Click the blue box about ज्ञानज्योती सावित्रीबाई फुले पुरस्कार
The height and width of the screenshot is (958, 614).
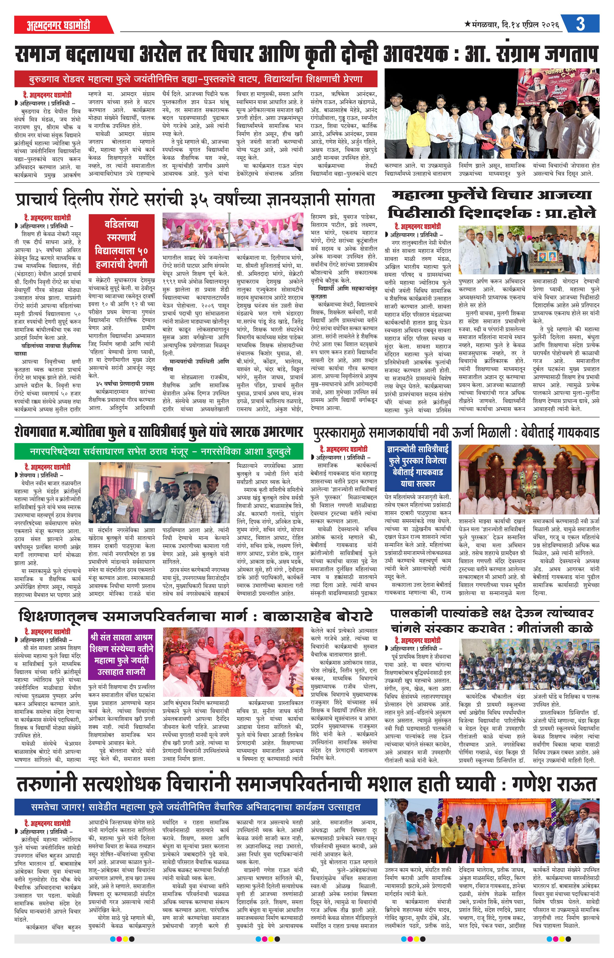point(417,466)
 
